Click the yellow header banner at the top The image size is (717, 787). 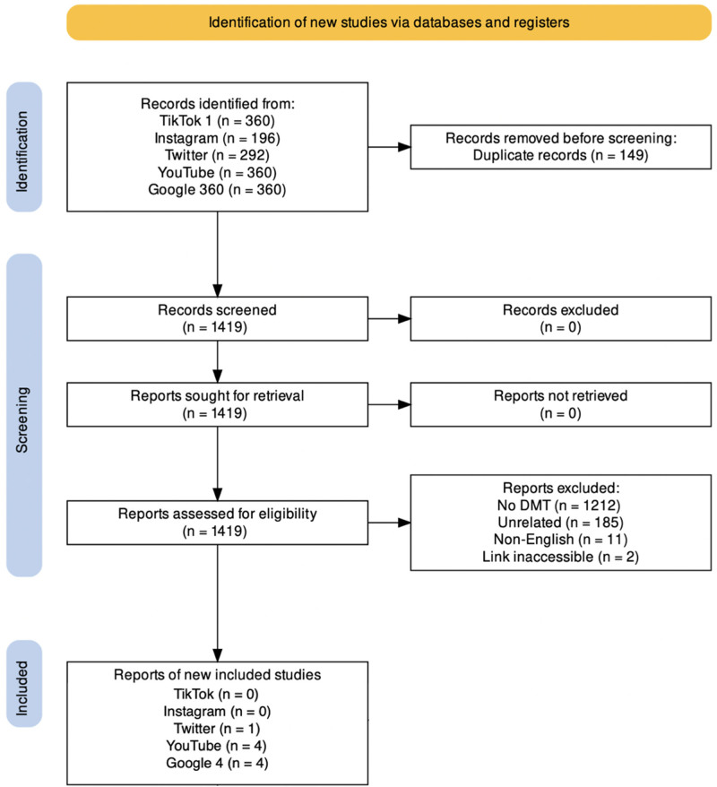[389, 22]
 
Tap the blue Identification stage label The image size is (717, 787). [24, 147]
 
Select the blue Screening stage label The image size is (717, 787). [24, 415]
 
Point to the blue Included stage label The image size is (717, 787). [24, 684]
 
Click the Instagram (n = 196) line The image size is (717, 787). [217, 138]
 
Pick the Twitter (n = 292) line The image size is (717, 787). [217, 155]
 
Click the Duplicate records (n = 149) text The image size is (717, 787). [560, 155]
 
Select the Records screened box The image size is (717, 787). [217, 319]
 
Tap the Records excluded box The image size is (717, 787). [560, 319]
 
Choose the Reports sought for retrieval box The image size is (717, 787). [217, 404]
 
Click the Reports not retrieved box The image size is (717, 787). [560, 404]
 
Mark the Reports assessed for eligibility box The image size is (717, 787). [217, 523]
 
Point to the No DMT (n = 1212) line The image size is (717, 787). [559, 506]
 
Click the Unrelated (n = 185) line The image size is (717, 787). [560, 523]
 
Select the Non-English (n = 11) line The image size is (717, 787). [560, 540]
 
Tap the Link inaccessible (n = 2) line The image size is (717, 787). [560, 558]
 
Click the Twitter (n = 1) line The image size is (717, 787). [217, 729]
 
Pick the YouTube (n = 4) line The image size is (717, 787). [216, 746]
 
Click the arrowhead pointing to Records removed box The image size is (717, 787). [404, 147]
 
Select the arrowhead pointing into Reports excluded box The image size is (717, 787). [404, 523]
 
